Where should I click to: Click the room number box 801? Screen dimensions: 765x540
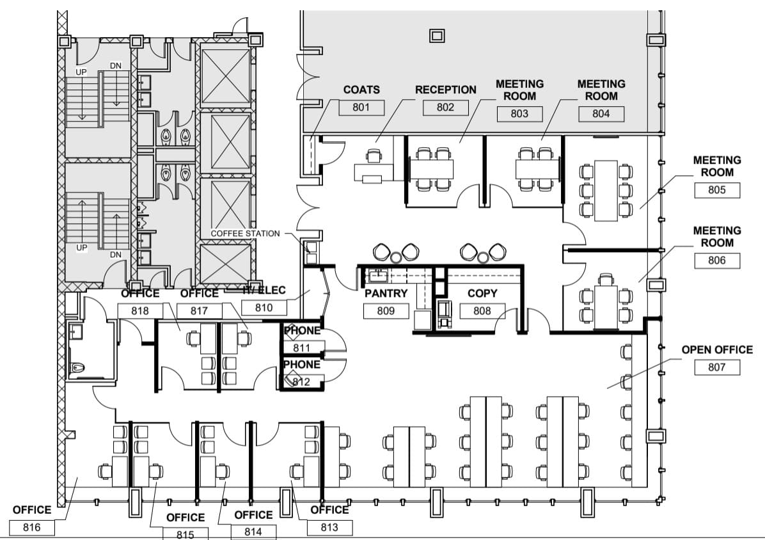click(x=361, y=107)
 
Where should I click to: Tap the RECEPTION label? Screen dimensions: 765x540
click(x=445, y=90)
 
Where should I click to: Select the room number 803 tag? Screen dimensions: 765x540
click(x=519, y=114)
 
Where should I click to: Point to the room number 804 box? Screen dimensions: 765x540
click(x=601, y=114)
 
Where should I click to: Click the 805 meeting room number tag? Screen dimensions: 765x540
click(x=716, y=190)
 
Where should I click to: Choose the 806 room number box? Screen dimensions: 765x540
click(x=716, y=260)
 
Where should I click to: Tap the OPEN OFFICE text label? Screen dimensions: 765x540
click(x=717, y=350)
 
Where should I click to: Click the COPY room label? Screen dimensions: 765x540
click(x=482, y=293)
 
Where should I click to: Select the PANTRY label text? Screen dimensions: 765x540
click(x=386, y=293)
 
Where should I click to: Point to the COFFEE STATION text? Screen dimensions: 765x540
click(x=246, y=234)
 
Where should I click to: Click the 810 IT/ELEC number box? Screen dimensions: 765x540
click(x=264, y=307)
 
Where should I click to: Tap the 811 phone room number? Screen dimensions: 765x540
click(x=302, y=348)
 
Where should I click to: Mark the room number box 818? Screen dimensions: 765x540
click(x=140, y=311)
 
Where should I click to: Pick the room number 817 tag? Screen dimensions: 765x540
click(x=199, y=311)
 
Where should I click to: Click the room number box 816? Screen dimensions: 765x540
click(x=32, y=527)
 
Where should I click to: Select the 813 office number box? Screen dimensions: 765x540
click(x=329, y=527)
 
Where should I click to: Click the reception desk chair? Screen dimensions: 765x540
click(x=374, y=156)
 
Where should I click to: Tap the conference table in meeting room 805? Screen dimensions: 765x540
click(x=606, y=190)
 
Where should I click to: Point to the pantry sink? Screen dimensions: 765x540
click(x=377, y=276)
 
